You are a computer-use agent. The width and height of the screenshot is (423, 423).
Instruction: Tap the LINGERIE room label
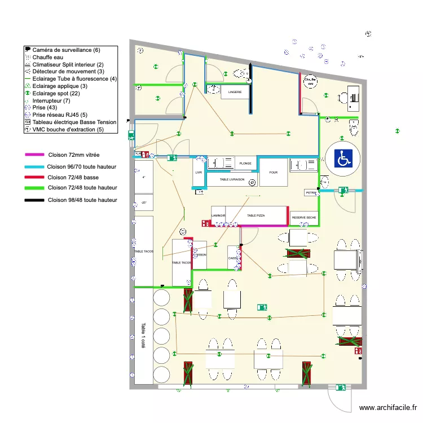235,91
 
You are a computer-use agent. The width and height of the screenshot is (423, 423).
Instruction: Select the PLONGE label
245,163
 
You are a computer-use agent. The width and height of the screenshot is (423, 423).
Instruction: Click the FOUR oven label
274,173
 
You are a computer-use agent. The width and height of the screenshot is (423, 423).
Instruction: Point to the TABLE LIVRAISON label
232,179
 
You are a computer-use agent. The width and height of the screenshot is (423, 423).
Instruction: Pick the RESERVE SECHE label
303,217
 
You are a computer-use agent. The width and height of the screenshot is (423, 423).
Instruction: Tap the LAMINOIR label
218,215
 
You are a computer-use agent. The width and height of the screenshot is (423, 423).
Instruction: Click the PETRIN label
311,193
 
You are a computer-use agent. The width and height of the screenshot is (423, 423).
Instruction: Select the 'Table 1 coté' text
143,337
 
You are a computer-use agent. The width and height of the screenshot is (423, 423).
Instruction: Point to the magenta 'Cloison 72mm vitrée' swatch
34,154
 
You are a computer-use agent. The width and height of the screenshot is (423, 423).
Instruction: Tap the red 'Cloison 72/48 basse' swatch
34,177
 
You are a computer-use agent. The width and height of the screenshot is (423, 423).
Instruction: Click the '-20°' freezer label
144,202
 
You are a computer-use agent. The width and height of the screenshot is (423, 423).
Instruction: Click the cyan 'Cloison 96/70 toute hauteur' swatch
34,167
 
